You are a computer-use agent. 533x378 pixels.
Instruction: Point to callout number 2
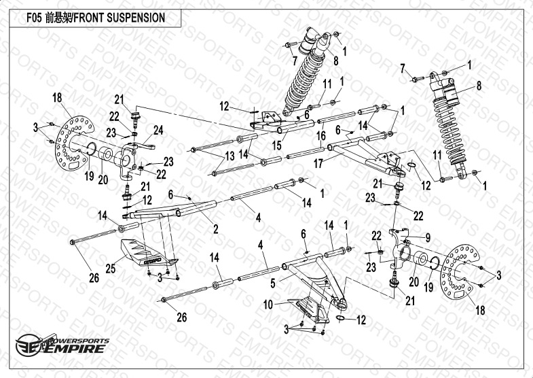click(x=215, y=229)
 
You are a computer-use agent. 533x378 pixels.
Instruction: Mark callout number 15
click(x=277, y=144)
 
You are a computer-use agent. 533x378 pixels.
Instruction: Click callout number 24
click(x=158, y=128)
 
